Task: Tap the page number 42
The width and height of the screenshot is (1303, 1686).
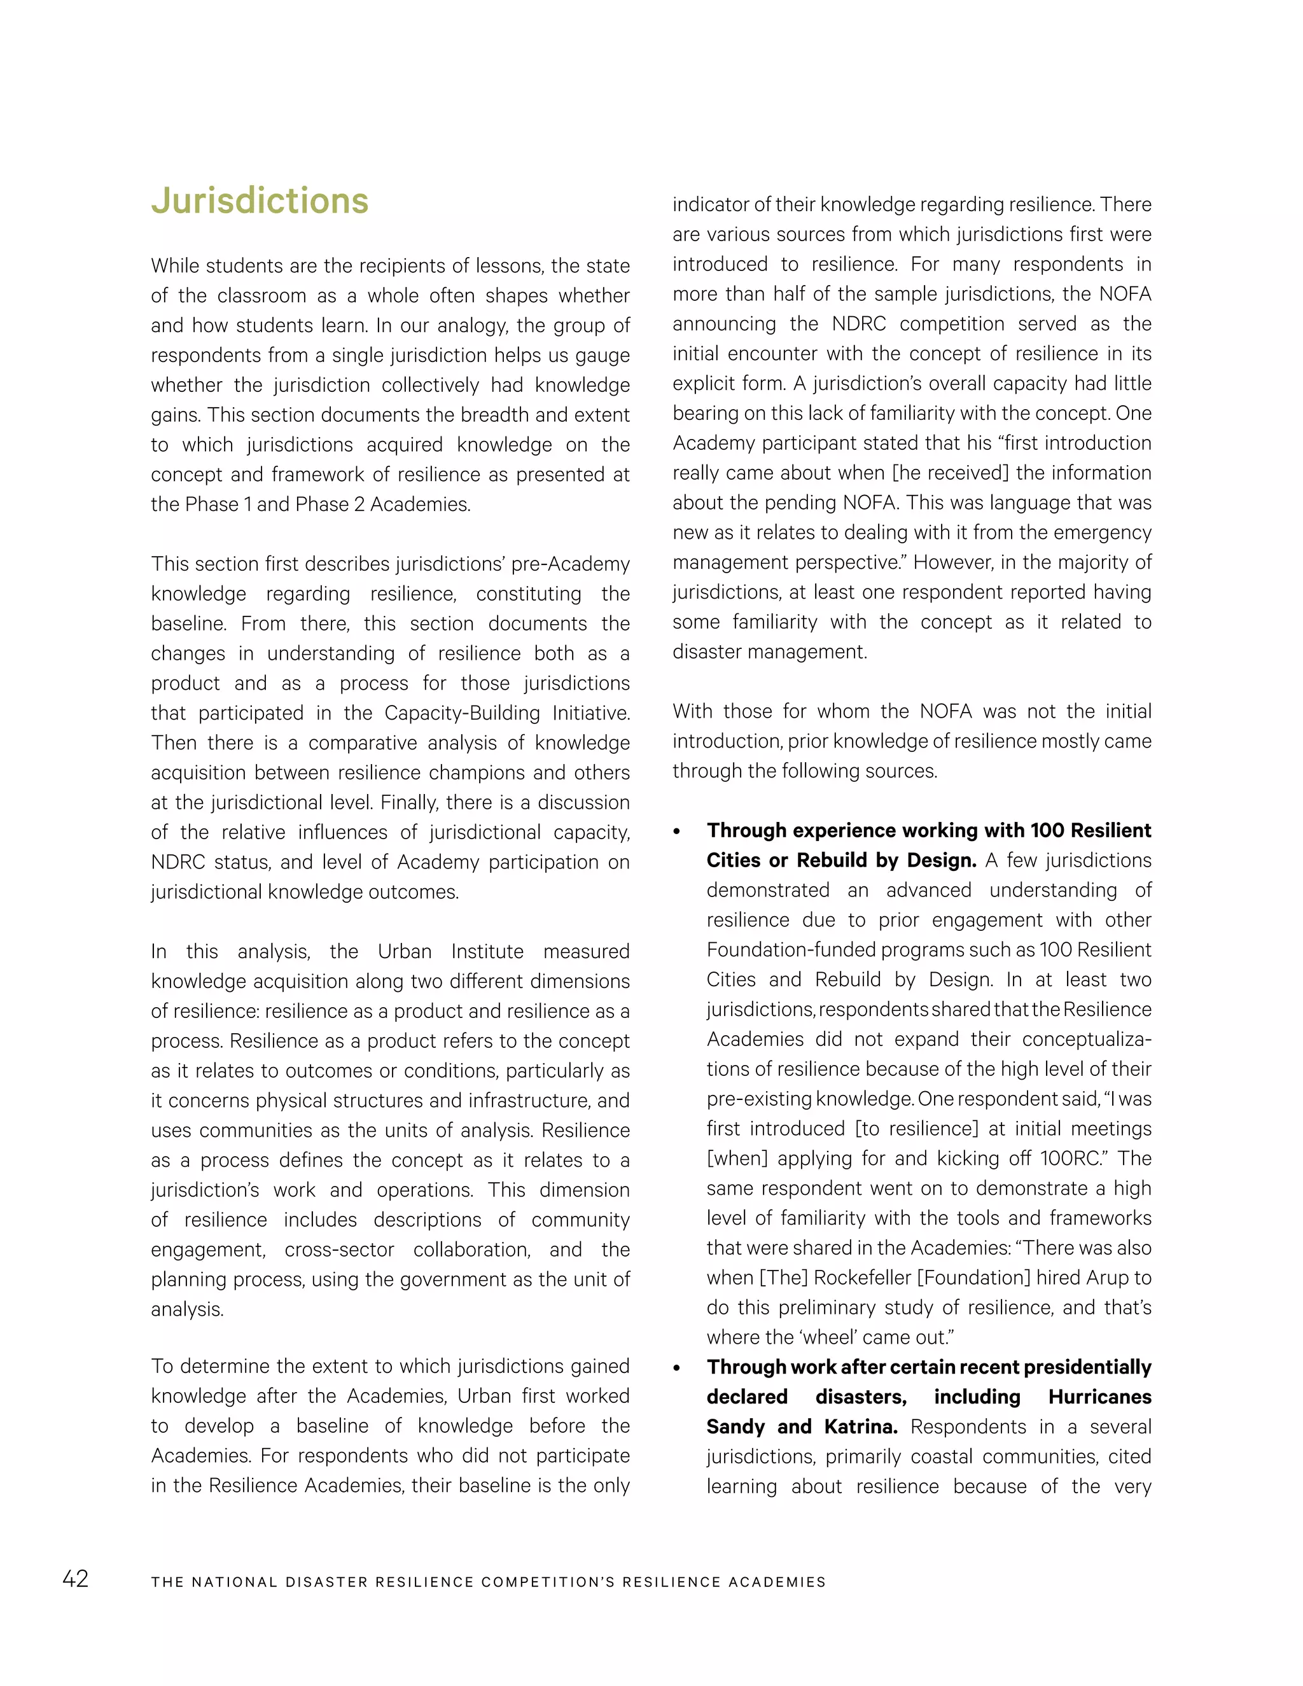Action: point(75,1578)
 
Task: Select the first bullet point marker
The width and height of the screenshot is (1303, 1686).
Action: point(677,832)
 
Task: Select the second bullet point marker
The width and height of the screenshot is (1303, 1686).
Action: point(677,1369)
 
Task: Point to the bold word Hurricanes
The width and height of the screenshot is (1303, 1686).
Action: point(1099,1397)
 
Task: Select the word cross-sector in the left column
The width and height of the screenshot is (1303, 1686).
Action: point(339,1249)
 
